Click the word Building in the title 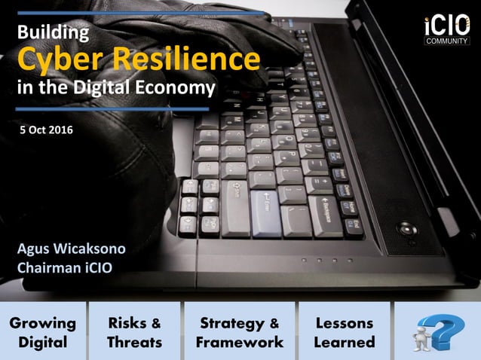[x=53, y=32]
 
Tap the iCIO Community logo [x=446, y=29]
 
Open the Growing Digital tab [x=43, y=332]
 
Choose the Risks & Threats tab [x=134, y=332]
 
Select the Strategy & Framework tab [x=239, y=332]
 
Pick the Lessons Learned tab [x=345, y=332]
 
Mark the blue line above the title [x=139, y=13]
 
